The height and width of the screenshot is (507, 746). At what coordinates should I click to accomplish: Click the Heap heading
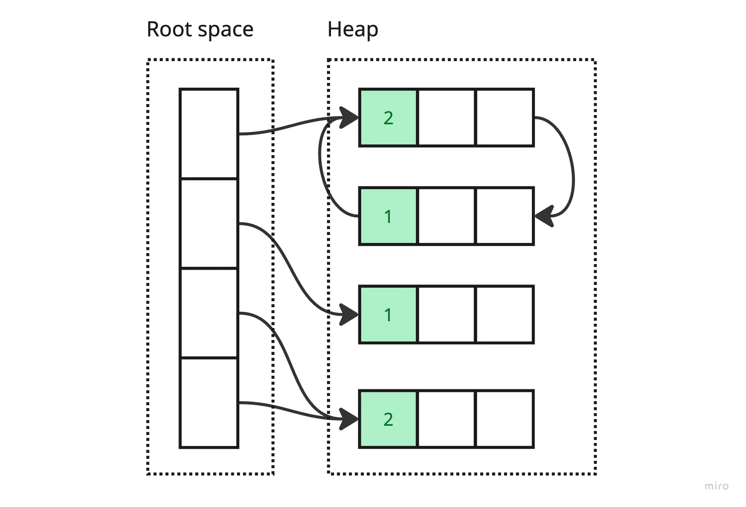point(352,30)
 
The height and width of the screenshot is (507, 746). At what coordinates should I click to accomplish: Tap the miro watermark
point(716,486)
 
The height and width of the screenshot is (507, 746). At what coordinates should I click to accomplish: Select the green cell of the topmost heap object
point(388,118)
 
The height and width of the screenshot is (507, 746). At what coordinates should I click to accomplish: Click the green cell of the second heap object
point(388,216)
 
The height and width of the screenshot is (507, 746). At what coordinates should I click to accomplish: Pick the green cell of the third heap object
point(388,315)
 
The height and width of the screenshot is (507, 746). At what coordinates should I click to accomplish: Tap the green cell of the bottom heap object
point(388,419)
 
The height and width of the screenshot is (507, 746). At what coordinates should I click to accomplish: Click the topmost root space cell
point(209,134)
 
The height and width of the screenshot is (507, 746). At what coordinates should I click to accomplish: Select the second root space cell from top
point(209,223)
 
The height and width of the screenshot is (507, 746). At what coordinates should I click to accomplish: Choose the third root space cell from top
point(209,313)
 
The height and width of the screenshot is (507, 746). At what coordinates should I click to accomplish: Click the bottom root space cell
point(209,403)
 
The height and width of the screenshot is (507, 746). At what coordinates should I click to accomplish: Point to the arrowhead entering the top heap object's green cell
point(349,117)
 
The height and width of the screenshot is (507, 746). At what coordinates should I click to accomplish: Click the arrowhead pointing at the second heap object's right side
point(544,216)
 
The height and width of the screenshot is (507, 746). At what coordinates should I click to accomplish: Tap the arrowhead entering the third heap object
point(349,314)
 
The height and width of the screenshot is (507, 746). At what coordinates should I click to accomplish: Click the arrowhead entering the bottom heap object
point(349,419)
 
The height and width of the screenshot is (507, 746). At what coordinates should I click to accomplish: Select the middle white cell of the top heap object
point(446,118)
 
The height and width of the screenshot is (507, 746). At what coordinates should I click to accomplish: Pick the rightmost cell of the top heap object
point(504,118)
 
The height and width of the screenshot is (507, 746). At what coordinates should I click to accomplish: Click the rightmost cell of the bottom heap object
point(504,419)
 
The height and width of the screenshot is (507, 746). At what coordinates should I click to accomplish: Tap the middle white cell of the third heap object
point(446,315)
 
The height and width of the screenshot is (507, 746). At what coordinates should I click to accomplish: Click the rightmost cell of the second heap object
point(504,216)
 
